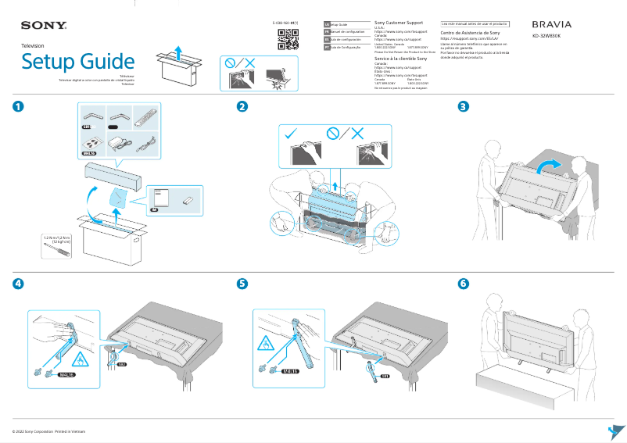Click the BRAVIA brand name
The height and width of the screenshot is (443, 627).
(552, 25)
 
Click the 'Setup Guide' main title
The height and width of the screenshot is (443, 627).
(77, 62)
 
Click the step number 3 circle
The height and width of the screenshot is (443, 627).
(464, 107)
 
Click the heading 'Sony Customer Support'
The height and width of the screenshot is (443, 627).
(400, 24)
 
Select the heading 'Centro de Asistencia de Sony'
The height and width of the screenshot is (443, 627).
(471, 34)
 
